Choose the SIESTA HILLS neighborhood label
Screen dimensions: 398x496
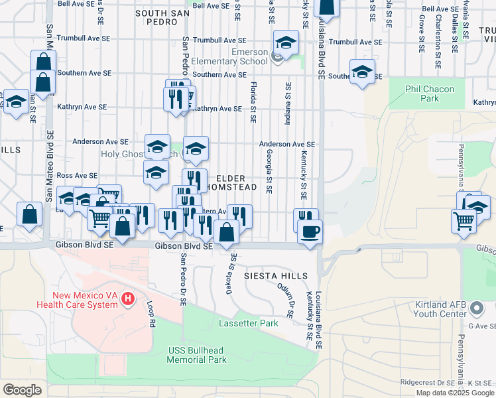pos(276,275)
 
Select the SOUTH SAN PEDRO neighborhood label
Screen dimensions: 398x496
pos(166,13)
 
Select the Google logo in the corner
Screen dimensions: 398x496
pos(22,390)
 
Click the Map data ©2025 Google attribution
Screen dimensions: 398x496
pos(454,393)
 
